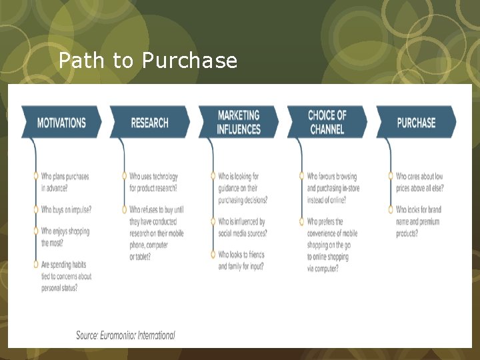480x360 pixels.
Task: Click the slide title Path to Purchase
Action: [x=147, y=61]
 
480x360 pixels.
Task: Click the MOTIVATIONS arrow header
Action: [x=61, y=123]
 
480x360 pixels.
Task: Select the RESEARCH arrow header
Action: [x=149, y=123]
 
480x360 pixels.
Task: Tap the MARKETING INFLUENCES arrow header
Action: [x=238, y=122]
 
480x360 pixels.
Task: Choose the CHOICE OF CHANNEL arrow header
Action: [x=327, y=122]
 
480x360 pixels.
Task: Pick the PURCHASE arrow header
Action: [x=416, y=123]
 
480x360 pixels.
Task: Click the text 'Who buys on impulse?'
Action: [x=66, y=209]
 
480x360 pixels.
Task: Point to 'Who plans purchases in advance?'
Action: [x=65, y=182]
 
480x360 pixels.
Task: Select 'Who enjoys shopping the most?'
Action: [x=65, y=237]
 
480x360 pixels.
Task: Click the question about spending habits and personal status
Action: [x=66, y=276]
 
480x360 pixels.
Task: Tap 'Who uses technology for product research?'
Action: [x=153, y=182]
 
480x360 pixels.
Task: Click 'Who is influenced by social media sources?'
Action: [x=243, y=227]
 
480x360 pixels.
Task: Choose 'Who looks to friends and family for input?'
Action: [x=241, y=260]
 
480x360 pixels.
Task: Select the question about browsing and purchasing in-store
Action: [x=331, y=188]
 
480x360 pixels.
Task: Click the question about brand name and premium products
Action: [x=418, y=221]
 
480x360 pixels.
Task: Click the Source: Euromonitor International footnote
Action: [x=125, y=335]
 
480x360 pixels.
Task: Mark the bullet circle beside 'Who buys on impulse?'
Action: [x=35, y=209]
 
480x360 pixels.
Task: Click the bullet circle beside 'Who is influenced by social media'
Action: [x=213, y=221]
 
